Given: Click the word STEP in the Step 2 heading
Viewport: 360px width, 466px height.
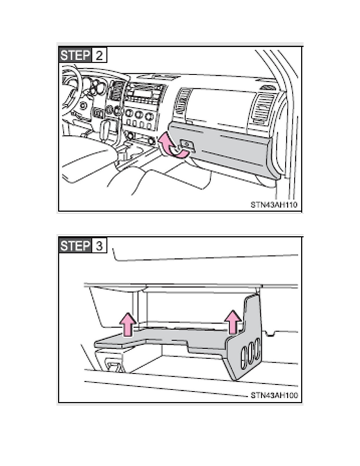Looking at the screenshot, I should point(75,55).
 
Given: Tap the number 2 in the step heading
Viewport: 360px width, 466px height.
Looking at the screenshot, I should point(99,55).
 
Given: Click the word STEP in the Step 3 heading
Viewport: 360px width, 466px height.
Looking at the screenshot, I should point(75,246).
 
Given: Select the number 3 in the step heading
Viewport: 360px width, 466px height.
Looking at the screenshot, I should point(99,246).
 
